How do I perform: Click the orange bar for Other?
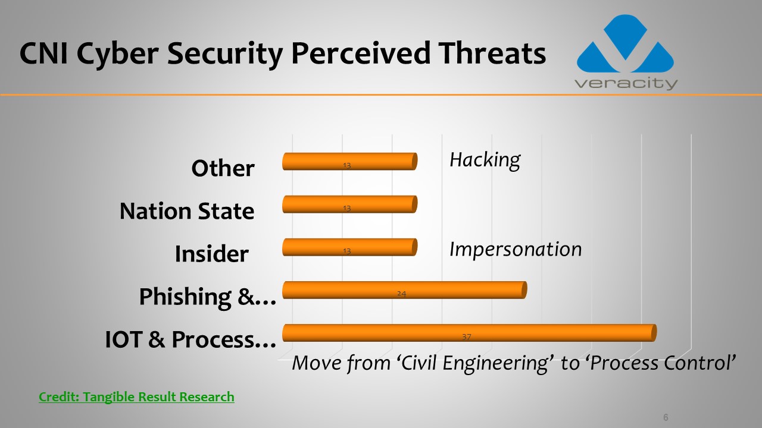pos(349,161)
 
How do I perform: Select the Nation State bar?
pos(349,204)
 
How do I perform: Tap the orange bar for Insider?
pos(349,247)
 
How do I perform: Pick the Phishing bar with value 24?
pos(404,290)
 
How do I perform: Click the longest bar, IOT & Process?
pos(469,333)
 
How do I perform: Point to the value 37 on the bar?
pos(466,336)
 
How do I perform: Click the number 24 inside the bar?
pos(401,294)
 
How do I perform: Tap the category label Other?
pos(223,168)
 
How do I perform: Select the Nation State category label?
pos(187,211)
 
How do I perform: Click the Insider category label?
pos(211,254)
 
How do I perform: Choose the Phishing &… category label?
pos(208,297)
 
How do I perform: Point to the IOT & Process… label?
pos(190,339)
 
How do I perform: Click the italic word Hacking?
pos(485,160)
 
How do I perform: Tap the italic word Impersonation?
pos(516,250)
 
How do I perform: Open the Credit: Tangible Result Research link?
pos(136,396)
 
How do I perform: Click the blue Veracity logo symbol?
pos(625,43)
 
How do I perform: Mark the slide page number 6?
pos(666,417)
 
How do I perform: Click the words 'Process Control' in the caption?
pos(661,363)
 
